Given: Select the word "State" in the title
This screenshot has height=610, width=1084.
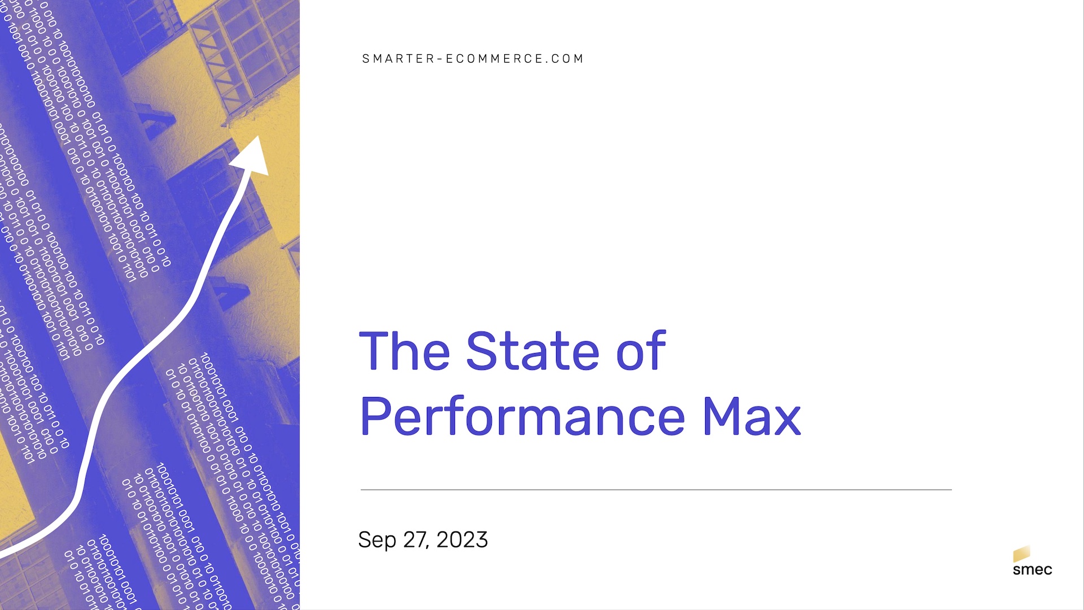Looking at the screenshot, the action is [x=532, y=351].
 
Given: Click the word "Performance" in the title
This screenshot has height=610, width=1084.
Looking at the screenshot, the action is [x=522, y=417].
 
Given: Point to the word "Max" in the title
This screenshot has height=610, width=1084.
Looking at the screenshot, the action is [x=751, y=417].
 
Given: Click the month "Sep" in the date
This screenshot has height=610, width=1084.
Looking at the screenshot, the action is [x=377, y=541].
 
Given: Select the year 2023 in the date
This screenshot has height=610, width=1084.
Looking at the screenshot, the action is [x=462, y=540].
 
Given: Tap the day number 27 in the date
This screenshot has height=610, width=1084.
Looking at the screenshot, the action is [x=414, y=540].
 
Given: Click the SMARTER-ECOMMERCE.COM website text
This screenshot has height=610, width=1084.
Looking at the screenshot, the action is [x=473, y=59].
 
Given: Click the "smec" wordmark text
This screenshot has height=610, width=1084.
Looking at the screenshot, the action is [x=1033, y=569].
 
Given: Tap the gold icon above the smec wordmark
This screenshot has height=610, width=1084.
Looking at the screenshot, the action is [x=1021, y=554].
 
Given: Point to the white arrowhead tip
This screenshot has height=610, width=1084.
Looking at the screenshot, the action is [x=259, y=136].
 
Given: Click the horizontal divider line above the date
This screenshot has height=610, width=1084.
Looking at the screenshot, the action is [x=656, y=490].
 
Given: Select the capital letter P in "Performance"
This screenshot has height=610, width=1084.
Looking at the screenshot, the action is [x=375, y=416].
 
